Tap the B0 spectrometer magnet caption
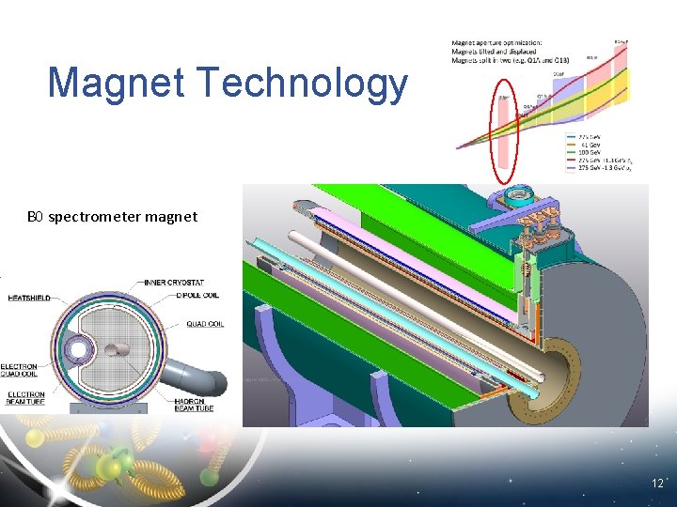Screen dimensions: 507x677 [112, 217]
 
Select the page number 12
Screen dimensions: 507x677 [657, 483]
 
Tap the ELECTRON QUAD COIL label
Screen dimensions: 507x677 [20, 372]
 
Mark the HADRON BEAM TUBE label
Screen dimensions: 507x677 [192, 403]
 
